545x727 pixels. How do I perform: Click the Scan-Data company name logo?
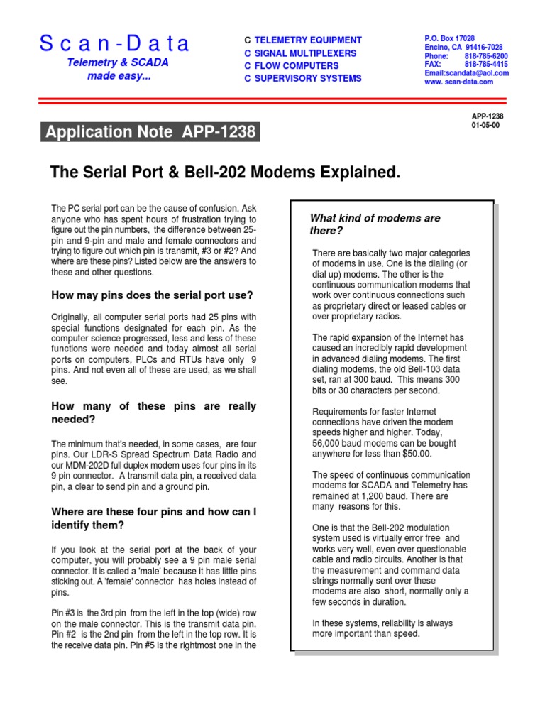(x=115, y=44)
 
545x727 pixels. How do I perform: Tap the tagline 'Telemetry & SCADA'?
(x=118, y=62)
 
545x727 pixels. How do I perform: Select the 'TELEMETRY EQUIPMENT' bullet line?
(x=307, y=40)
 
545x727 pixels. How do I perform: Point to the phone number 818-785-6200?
(x=486, y=55)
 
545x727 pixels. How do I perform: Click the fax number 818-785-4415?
(x=486, y=64)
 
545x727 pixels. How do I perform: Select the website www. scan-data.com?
(x=458, y=82)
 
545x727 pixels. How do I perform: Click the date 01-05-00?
(x=485, y=125)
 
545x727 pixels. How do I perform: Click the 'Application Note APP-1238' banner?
(x=150, y=132)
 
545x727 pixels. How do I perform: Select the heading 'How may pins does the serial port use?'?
(x=152, y=295)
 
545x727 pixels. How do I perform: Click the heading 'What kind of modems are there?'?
(x=375, y=224)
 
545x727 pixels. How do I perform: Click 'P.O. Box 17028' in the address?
(x=449, y=38)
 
